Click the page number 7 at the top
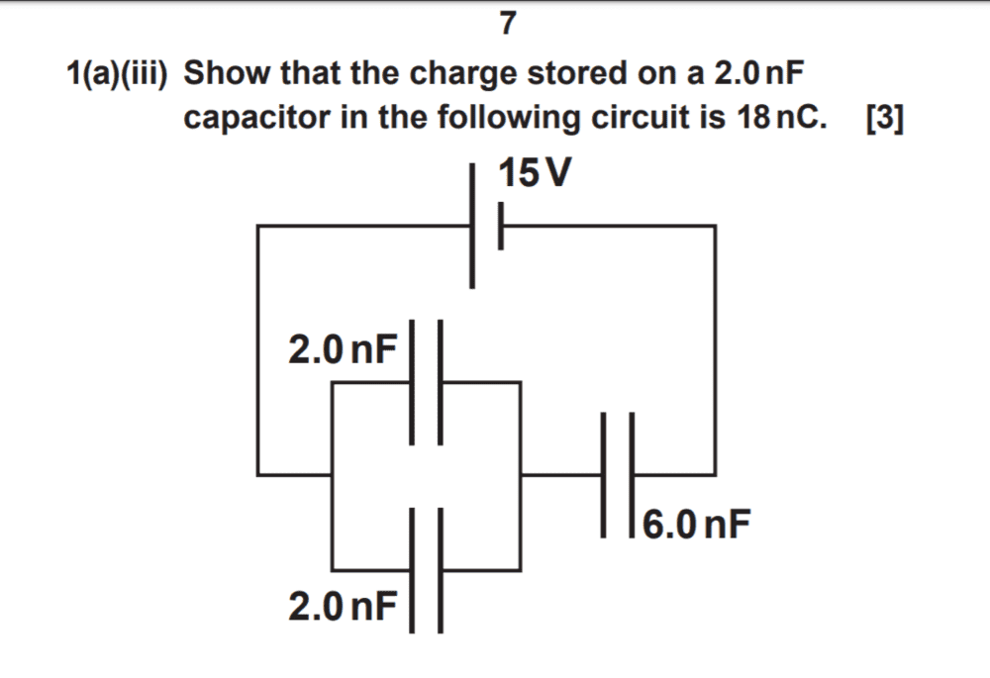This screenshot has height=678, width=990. click(506, 24)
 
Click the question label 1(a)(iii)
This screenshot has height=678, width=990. click(118, 73)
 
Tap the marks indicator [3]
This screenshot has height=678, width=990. click(883, 118)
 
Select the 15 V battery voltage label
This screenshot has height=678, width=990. click(535, 173)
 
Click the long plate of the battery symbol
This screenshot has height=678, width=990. click(473, 226)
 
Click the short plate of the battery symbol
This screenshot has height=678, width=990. click(502, 227)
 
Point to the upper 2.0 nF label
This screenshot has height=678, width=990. click(343, 348)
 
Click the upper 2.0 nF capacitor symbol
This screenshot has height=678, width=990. click(427, 381)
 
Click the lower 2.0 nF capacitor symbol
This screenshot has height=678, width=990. click(427, 569)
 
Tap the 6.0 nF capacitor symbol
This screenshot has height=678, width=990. click(617, 475)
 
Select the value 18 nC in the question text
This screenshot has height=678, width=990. click(779, 118)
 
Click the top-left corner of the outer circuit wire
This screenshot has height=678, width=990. click(258, 227)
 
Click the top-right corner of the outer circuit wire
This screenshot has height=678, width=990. click(714, 227)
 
